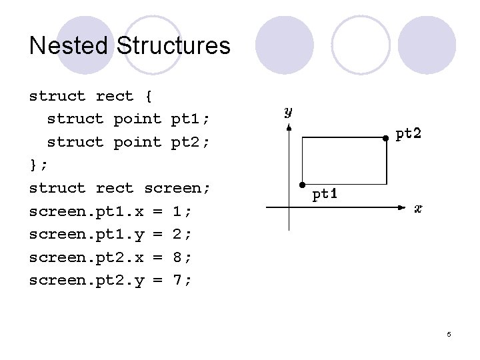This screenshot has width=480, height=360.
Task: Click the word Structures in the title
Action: click(173, 46)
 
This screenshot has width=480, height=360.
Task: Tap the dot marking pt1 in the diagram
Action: click(302, 184)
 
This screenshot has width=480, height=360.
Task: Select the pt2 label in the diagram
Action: click(409, 133)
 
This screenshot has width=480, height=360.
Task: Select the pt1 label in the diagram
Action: click(326, 194)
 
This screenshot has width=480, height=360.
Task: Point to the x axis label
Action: click(418, 209)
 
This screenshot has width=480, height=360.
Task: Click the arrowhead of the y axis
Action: click(288, 127)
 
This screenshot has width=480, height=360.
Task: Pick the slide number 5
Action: click(449, 334)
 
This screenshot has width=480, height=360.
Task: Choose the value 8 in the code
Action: click(177, 257)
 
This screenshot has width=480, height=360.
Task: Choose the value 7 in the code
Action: click(177, 280)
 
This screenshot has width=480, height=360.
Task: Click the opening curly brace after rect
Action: click(148, 96)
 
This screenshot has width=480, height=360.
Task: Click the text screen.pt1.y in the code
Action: click(87, 234)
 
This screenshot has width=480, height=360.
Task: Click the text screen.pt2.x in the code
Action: click(87, 257)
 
